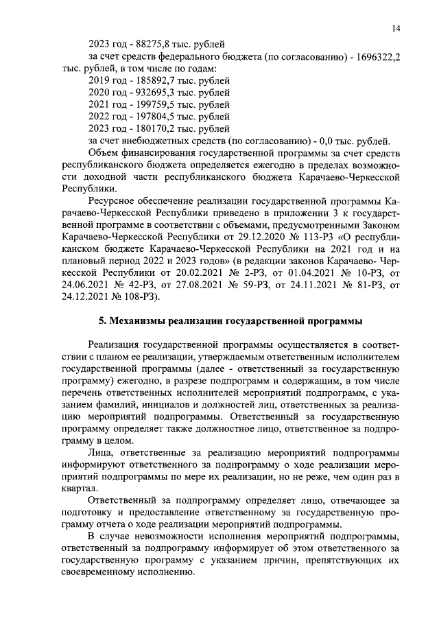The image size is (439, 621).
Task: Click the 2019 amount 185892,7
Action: (x=143, y=82)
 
